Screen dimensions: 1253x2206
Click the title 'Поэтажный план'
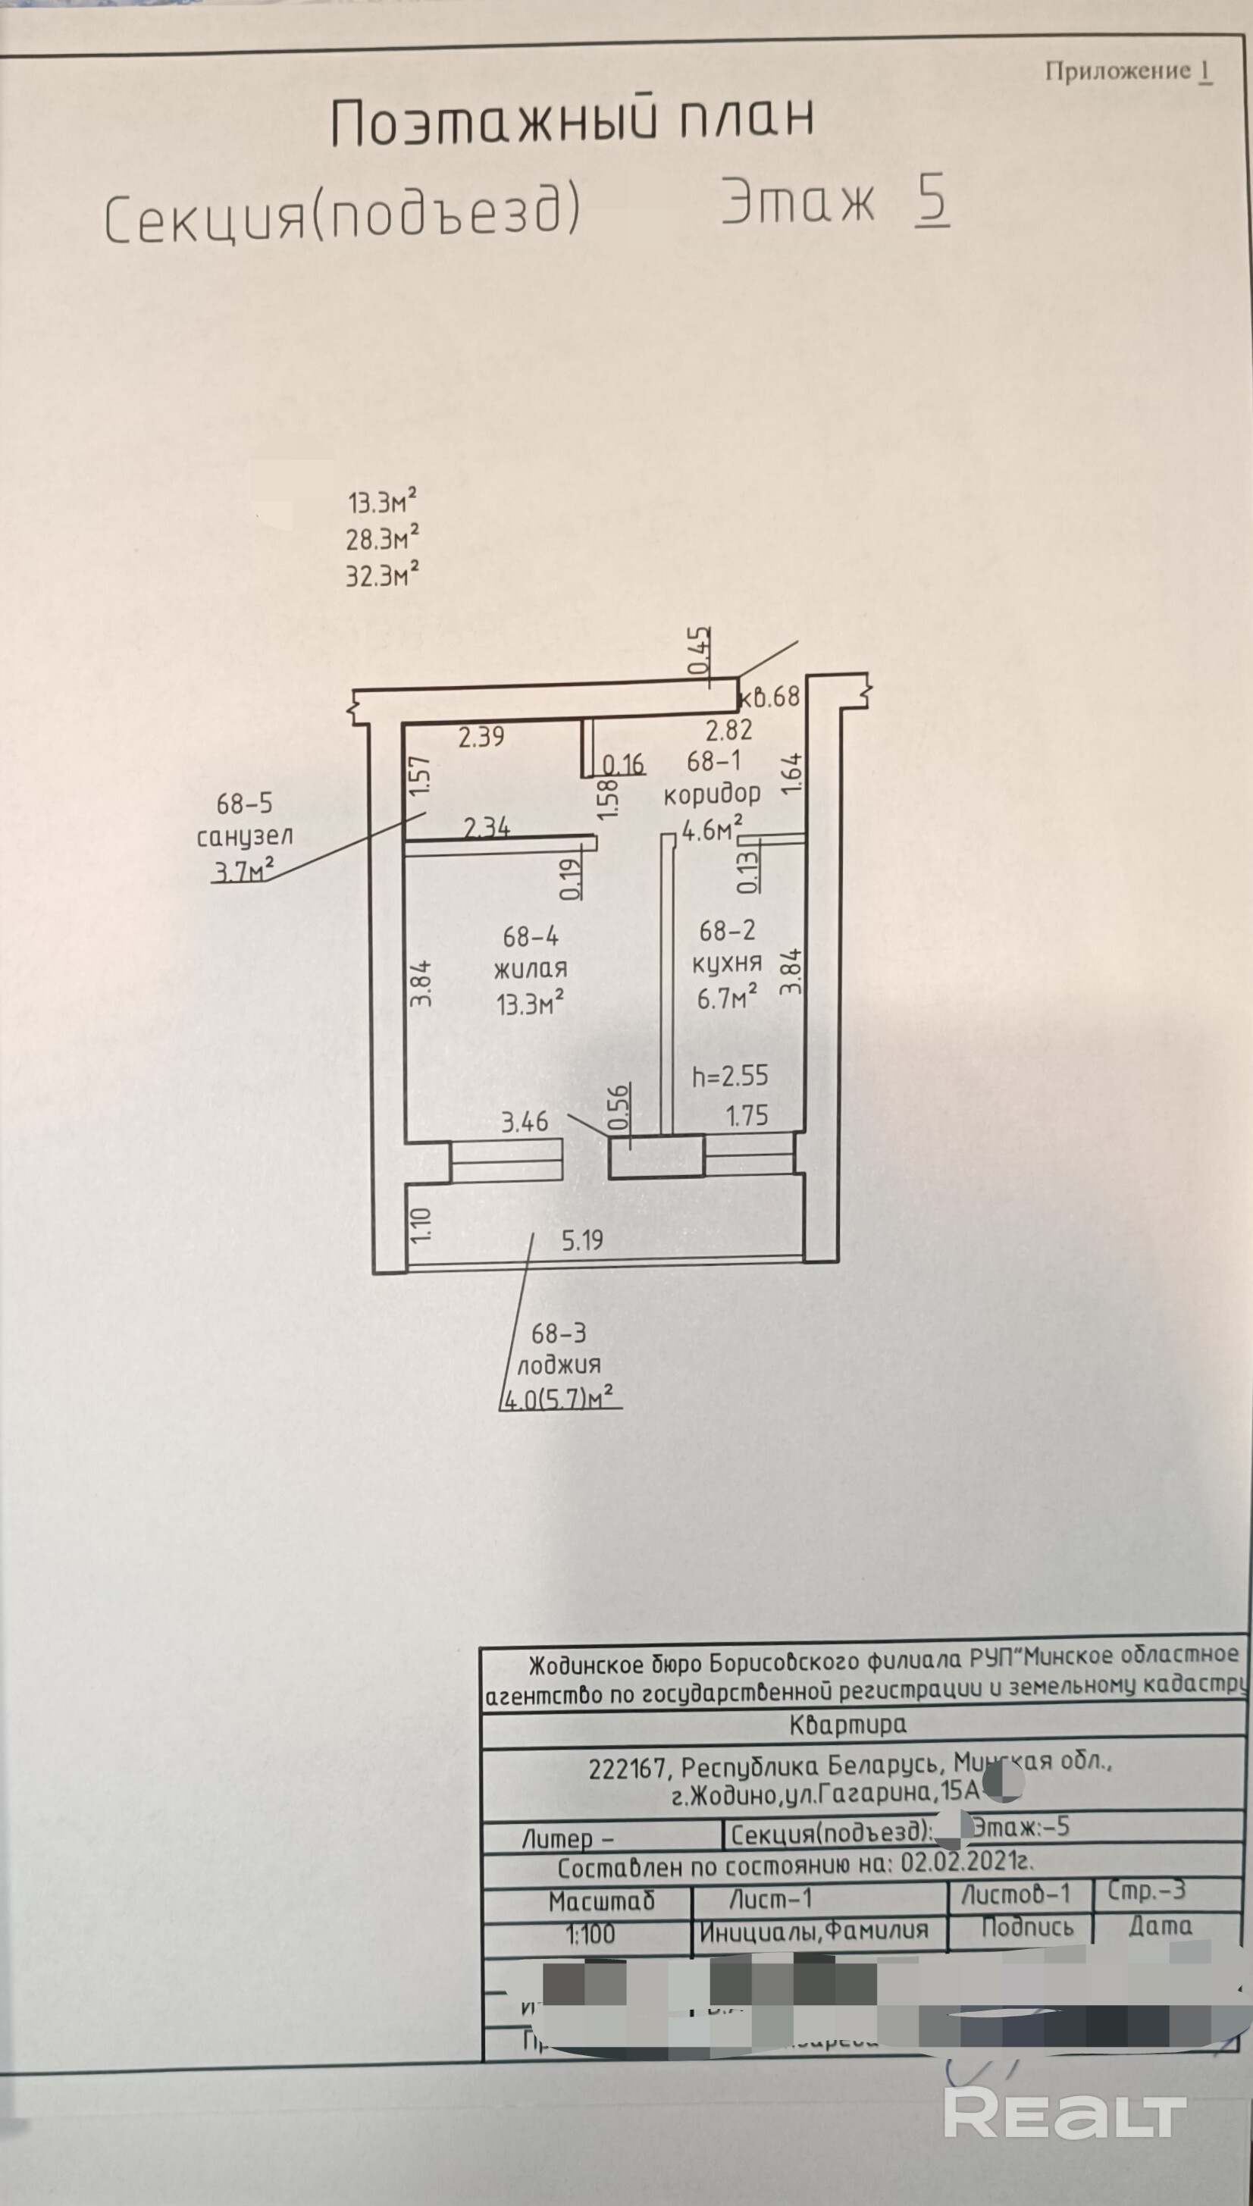point(572,120)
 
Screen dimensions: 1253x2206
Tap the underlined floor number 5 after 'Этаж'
point(932,200)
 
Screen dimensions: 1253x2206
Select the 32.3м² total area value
point(382,575)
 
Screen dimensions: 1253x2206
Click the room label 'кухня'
point(726,963)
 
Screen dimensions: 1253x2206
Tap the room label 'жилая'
point(530,968)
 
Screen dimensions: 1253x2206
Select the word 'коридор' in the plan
point(712,793)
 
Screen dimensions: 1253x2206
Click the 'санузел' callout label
point(244,835)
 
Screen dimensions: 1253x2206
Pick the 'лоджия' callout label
point(559,1365)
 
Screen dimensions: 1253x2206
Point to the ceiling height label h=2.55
point(730,1076)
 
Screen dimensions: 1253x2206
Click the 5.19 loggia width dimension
point(583,1239)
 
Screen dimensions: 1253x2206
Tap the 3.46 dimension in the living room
point(524,1121)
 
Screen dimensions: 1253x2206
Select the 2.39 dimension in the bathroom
point(481,737)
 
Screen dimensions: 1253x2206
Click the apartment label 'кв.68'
point(769,696)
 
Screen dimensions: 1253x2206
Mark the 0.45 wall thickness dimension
point(699,651)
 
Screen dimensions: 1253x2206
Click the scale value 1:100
point(590,1934)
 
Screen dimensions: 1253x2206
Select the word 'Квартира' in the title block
point(847,1723)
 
